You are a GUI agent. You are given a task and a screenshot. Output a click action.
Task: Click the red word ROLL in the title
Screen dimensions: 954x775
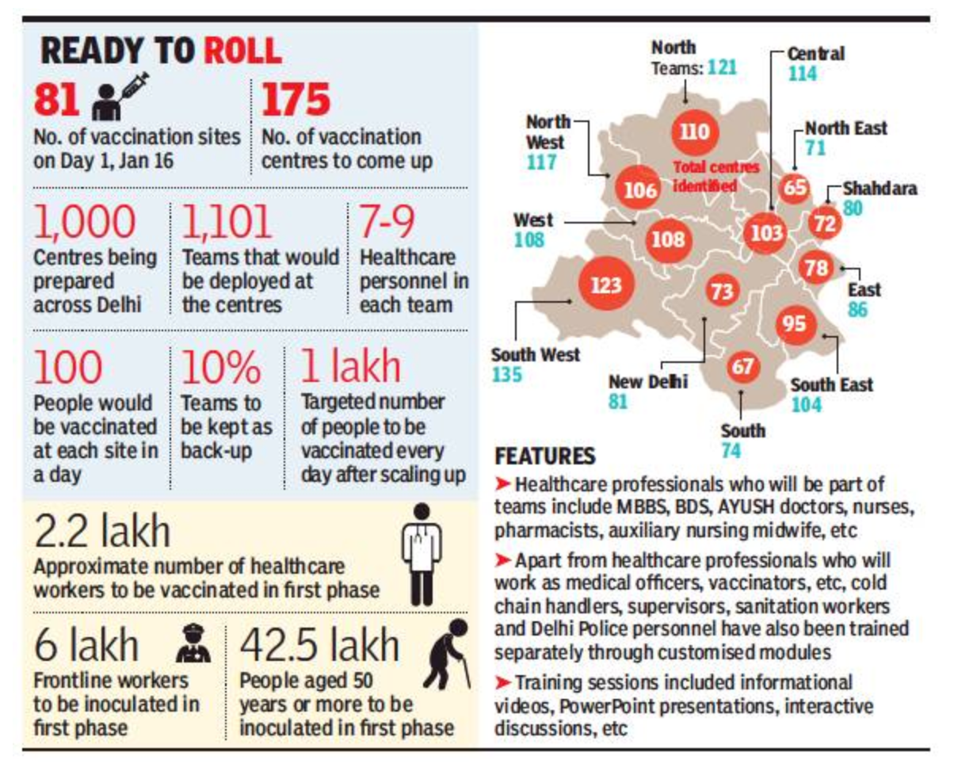point(242,51)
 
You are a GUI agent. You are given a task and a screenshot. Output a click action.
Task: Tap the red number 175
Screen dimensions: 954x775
point(296,100)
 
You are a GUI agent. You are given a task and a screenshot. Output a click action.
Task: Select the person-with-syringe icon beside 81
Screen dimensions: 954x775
point(120,97)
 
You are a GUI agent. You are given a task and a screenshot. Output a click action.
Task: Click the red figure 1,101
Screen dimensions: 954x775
point(227,221)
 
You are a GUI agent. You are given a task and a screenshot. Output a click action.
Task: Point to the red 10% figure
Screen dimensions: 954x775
point(220,367)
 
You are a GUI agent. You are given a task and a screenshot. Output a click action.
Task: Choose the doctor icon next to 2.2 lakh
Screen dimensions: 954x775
point(422,555)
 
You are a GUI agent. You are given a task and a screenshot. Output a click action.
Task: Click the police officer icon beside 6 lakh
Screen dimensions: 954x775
point(193,643)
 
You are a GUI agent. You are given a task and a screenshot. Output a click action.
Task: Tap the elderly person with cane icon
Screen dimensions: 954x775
point(447,654)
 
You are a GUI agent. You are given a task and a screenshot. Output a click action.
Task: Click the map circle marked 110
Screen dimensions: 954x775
point(695,132)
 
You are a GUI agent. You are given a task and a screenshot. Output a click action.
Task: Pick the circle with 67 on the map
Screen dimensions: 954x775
point(743,367)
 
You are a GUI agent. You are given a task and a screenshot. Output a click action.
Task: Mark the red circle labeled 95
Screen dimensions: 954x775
point(795,324)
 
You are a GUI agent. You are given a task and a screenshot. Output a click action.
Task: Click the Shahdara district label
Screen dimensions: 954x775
point(880,189)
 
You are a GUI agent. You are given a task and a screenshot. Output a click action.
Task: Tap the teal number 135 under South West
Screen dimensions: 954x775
point(506,375)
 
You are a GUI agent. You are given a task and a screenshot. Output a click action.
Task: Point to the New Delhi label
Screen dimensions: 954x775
point(647,382)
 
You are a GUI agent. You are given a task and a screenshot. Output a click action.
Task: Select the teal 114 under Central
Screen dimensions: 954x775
point(802,74)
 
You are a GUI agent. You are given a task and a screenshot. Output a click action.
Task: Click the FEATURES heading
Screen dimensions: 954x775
point(544,456)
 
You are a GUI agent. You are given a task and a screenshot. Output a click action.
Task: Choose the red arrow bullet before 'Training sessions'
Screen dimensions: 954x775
point(502,683)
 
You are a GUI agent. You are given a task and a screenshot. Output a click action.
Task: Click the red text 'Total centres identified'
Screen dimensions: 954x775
point(715,176)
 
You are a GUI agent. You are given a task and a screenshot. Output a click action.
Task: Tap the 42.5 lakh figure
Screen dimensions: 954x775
point(319,646)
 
